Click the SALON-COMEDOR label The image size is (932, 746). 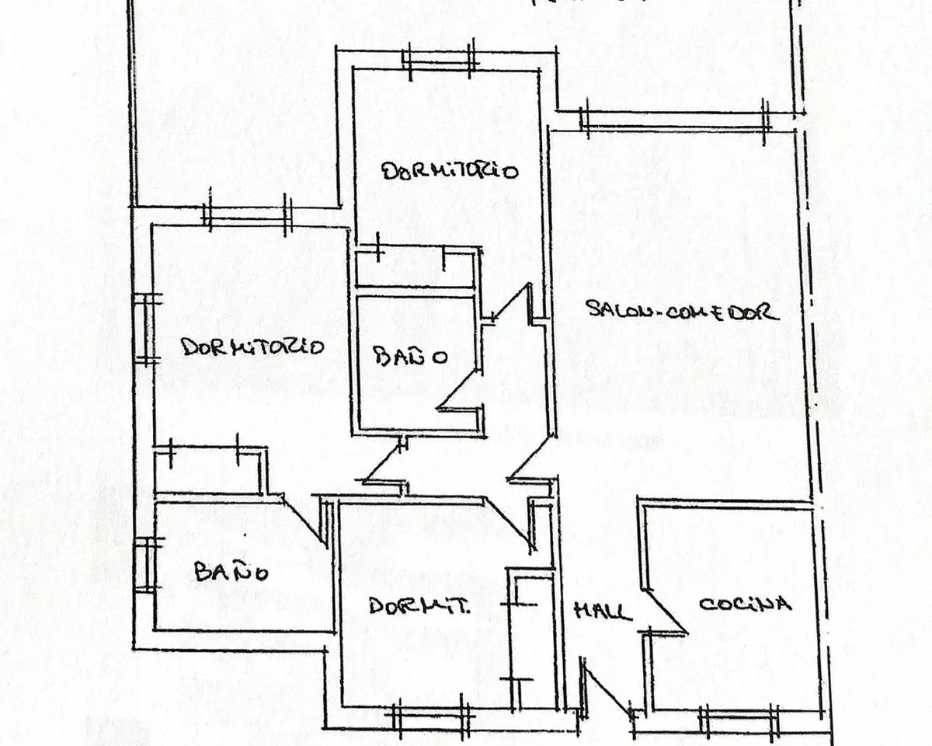pyautogui.click(x=683, y=310)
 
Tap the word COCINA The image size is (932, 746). pyautogui.click(x=746, y=604)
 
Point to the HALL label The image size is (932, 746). pyautogui.click(x=603, y=612)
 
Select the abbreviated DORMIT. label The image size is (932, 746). pyautogui.click(x=419, y=605)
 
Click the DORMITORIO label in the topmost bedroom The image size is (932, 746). pyautogui.click(x=450, y=171)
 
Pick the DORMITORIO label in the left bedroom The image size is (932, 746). pyautogui.click(x=252, y=347)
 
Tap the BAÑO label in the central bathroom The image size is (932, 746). pyautogui.click(x=412, y=357)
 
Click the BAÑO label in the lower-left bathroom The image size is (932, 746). pyautogui.click(x=231, y=571)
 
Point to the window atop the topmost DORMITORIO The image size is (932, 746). pyautogui.click(x=440, y=61)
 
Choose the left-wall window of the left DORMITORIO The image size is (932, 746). pyautogui.click(x=145, y=329)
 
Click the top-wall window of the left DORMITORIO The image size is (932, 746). pyautogui.click(x=248, y=215)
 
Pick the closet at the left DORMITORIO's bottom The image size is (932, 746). pyautogui.click(x=209, y=470)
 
